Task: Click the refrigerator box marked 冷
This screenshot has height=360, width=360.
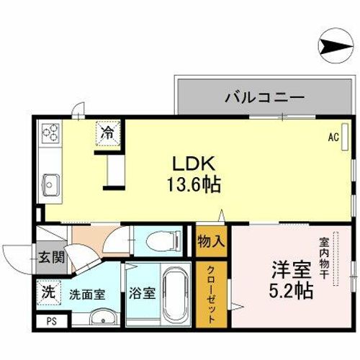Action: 107,132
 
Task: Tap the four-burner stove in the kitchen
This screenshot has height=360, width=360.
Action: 51,133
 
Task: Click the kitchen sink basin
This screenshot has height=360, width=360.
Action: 51,182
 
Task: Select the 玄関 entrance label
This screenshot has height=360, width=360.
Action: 49,256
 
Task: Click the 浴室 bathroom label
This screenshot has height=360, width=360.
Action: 142,294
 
